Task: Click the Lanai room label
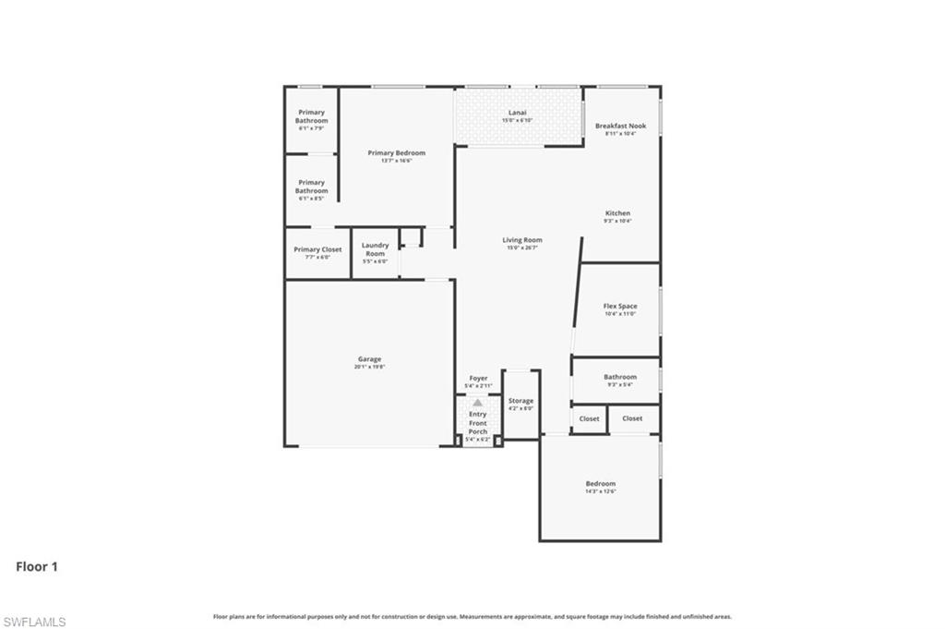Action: click(x=518, y=113)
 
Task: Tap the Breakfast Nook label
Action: click(x=620, y=126)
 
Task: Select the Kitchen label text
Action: click(x=617, y=213)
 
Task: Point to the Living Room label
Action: click(x=522, y=240)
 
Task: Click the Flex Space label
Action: click(x=620, y=306)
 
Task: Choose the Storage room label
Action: click(x=520, y=401)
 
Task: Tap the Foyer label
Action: click(x=478, y=379)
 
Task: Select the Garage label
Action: click(x=369, y=359)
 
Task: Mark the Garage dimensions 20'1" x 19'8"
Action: click(x=369, y=367)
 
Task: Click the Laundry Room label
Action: click(x=375, y=249)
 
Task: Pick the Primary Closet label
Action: click(x=317, y=249)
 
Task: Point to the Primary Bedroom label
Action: click(x=396, y=152)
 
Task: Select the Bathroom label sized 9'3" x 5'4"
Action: click(x=620, y=377)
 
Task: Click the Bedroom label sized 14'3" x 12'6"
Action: click(x=600, y=484)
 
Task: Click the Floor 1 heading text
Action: click(x=37, y=567)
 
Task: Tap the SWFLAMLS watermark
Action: click(x=34, y=622)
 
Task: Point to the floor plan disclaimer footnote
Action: click(x=472, y=616)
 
